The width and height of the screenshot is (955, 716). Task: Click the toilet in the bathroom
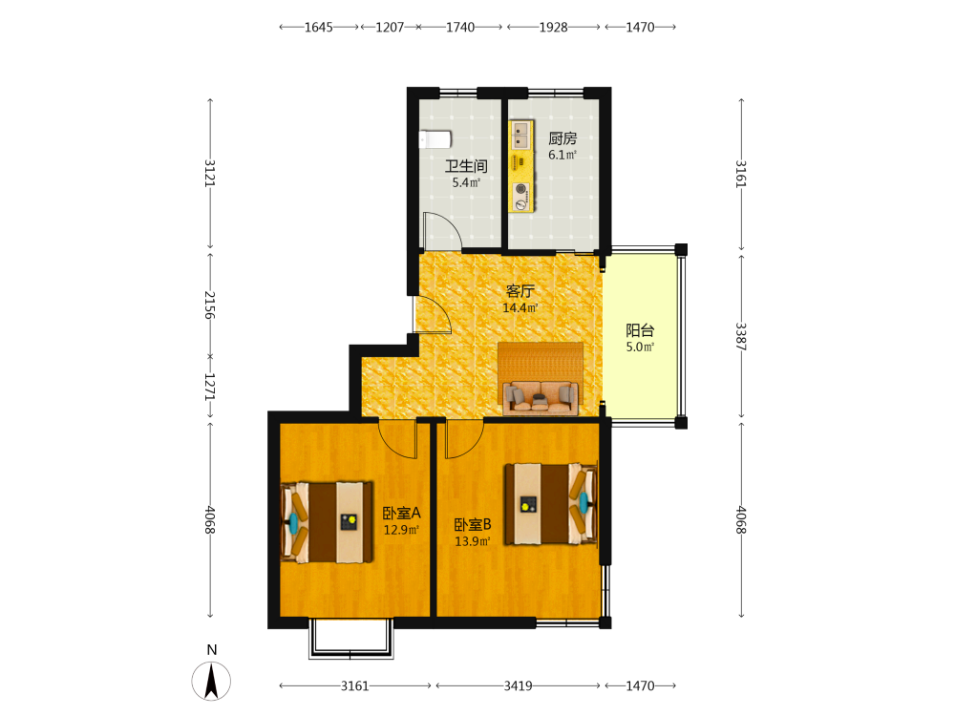pos(435,139)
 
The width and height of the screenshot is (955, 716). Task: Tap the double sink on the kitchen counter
pos(520,136)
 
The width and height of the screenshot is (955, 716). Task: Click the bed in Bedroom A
pos(327,523)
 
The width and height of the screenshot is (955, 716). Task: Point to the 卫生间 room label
pos(466,165)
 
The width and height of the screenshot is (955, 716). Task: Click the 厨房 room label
pos(562,138)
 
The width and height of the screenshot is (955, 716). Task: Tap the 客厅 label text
pos(520,291)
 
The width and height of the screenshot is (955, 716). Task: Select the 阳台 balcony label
pos(640,330)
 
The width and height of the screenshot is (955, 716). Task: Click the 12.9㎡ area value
pos(401,530)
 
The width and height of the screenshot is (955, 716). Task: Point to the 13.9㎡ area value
pos(473,541)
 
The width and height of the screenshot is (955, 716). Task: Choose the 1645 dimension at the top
pos(319,27)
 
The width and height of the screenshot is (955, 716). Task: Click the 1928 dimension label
pos(553,27)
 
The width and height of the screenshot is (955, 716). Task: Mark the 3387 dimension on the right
pos(741,336)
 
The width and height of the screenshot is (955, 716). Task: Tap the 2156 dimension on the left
pos(210,305)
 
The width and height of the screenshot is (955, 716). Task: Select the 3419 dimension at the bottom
pos(518,686)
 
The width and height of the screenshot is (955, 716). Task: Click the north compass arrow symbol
pos(211,682)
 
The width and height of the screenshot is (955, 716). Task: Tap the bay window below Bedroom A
pos(350,639)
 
